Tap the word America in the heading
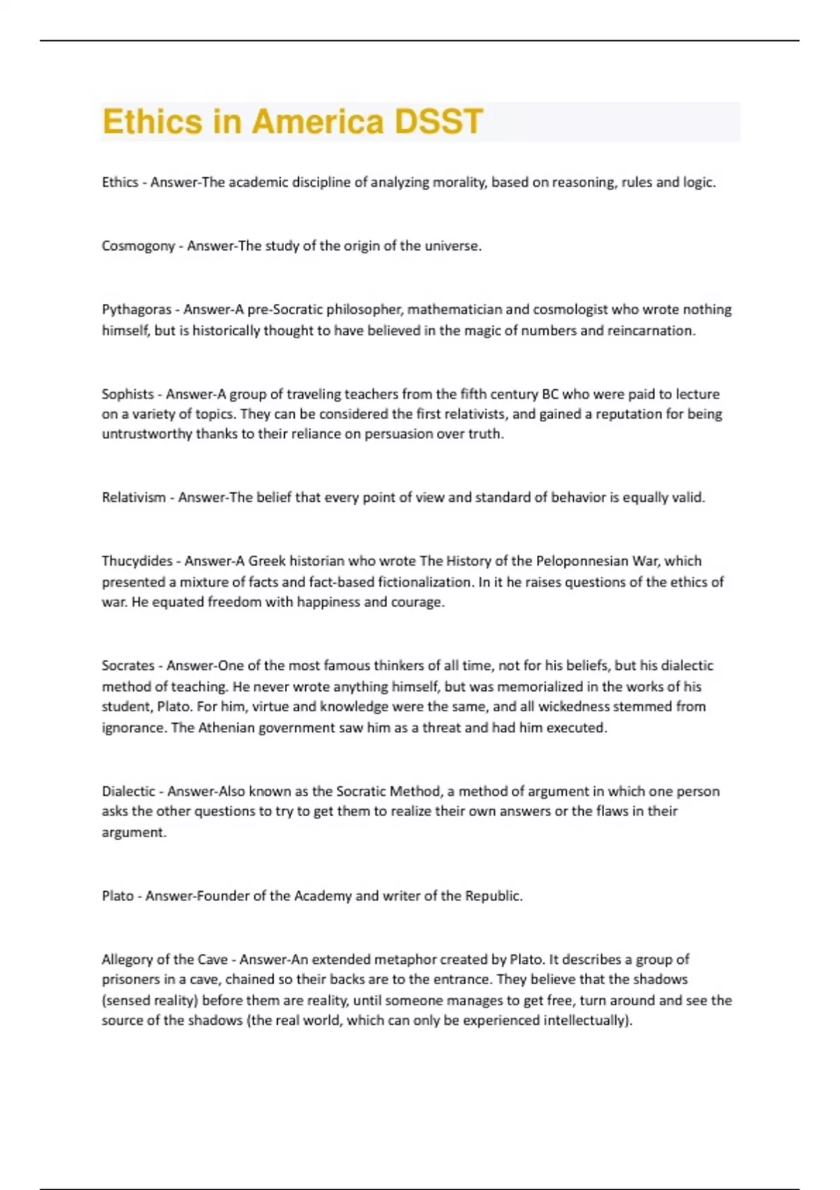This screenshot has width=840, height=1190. [318, 122]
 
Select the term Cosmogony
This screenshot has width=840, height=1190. [138, 246]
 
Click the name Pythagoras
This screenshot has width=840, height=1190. [136, 309]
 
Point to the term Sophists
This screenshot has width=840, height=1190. [127, 394]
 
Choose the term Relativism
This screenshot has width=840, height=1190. [134, 498]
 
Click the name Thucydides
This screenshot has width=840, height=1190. [137, 561]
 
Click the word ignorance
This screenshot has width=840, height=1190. [133, 727]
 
